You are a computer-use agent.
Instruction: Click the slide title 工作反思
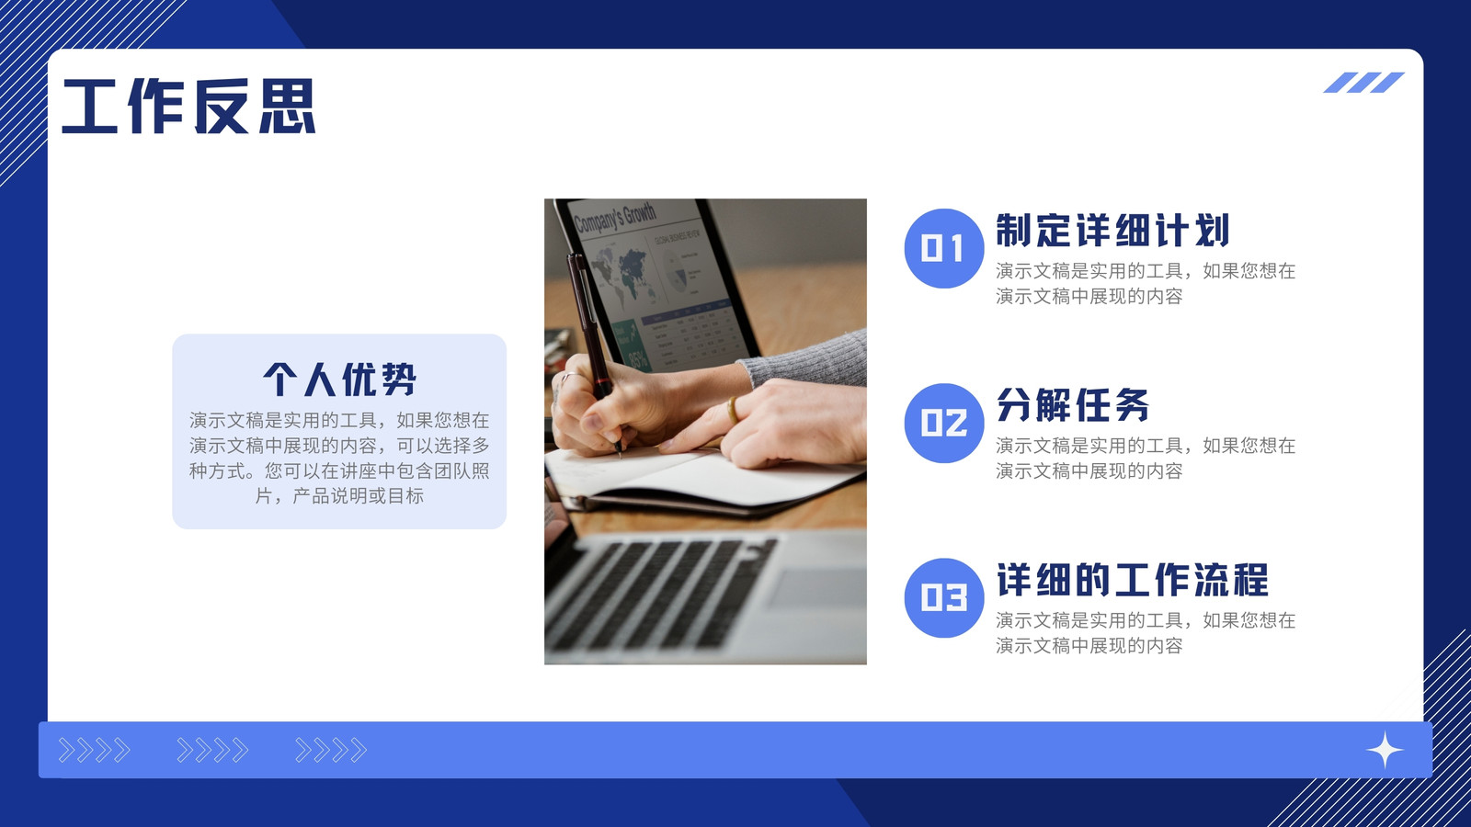point(188,107)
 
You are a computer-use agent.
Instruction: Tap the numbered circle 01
point(943,248)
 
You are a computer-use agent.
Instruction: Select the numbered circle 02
point(943,423)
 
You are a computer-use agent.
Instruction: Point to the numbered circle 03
point(943,597)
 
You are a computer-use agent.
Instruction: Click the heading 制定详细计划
point(1112,231)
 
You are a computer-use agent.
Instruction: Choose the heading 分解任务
point(1072,405)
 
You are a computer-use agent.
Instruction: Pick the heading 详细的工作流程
point(1132,580)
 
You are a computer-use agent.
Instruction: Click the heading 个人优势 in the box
point(339,379)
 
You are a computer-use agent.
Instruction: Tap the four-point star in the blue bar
point(1385,750)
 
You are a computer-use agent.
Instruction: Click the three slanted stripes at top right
point(1363,83)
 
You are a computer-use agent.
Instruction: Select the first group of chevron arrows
point(94,750)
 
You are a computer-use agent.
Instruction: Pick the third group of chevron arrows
point(330,750)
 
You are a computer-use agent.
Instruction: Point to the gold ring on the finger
point(732,410)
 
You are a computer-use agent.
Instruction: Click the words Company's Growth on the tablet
point(615,218)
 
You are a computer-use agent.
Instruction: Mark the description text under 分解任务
point(1146,459)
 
